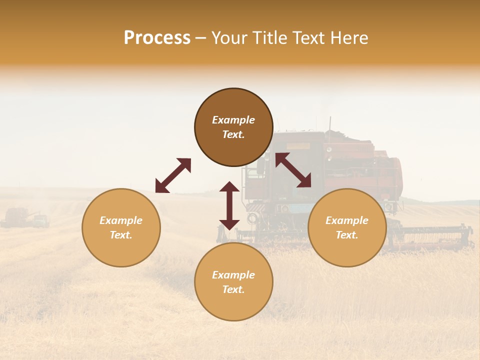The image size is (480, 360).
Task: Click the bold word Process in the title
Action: [157, 38]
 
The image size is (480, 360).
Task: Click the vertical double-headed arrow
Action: [229, 205]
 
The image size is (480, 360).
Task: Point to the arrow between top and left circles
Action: [173, 175]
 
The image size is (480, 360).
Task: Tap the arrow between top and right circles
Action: [293, 170]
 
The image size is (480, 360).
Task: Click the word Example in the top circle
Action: [233, 120]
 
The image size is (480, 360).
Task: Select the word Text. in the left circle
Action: [121, 235]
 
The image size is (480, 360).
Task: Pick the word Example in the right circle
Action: [347, 220]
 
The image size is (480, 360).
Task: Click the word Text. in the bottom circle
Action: [233, 289]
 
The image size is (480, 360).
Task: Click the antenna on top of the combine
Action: [330, 123]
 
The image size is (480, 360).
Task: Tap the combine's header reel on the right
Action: [435, 235]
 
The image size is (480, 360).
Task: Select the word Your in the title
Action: [232, 38]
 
